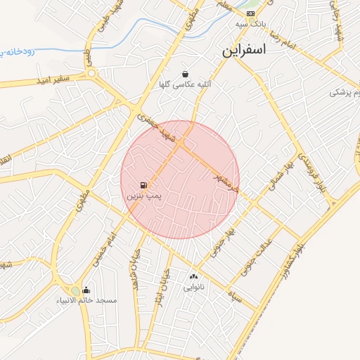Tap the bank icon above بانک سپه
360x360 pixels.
coord(250,13)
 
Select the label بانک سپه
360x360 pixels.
coord(250,25)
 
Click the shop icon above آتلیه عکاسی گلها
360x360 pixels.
coord(185,73)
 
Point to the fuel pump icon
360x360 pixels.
coord(143,186)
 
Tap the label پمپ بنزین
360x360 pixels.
coord(144,197)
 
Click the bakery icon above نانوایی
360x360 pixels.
coord(193,276)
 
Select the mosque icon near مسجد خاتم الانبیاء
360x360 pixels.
coord(86,290)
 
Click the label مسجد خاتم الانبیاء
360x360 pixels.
coord(86,301)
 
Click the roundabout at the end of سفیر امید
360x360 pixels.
coord(91,73)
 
